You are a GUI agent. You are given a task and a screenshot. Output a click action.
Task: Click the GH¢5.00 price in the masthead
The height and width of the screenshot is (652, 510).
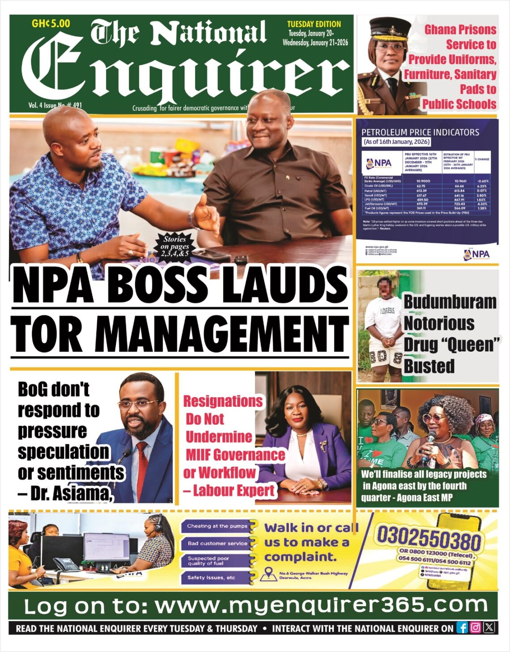tap(51, 24)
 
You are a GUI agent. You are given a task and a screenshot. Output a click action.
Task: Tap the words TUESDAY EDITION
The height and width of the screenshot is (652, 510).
tap(314, 24)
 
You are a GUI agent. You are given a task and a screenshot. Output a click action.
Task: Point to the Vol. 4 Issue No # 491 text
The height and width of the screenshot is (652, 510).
tap(55, 105)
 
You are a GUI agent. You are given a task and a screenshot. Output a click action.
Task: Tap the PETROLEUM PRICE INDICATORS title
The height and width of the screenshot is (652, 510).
tap(420, 132)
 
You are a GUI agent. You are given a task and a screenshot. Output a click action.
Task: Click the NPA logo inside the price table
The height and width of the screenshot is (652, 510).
tap(379, 163)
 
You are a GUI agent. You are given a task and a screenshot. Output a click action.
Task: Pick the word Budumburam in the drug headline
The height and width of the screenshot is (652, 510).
tap(450, 302)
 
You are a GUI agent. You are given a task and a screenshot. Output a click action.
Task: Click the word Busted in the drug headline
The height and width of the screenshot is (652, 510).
tap(429, 366)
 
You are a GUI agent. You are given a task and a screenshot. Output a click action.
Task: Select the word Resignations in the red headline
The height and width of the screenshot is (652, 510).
tap(223, 401)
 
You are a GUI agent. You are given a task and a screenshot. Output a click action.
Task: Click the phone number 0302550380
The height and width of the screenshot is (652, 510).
tap(429, 538)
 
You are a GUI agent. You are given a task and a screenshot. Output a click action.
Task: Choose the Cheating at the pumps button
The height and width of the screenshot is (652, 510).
tap(217, 526)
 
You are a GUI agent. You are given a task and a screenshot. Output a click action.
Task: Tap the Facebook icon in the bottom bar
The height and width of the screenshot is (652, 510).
tap(462, 627)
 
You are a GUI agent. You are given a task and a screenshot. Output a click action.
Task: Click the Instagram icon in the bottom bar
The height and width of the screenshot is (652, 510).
tap(476, 627)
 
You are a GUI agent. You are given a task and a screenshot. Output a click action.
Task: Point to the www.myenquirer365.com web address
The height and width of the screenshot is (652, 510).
tap(321, 606)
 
